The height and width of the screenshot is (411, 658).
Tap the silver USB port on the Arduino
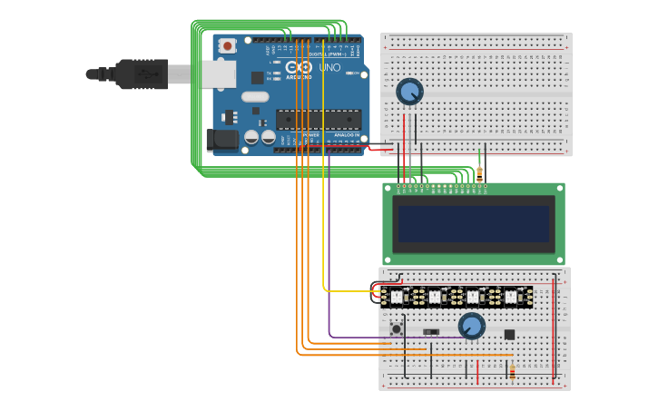(218, 74)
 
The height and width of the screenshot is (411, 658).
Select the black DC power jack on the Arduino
(221, 139)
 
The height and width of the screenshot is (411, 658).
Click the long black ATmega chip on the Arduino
(318, 119)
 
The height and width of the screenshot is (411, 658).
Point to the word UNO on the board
(329, 68)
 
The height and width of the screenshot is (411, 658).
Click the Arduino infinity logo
(299, 67)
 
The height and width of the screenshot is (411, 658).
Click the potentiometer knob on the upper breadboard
(410, 91)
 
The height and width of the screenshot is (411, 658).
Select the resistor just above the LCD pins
(479, 172)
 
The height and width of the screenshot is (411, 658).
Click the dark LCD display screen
(473, 223)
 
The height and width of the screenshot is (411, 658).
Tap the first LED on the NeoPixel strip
(397, 296)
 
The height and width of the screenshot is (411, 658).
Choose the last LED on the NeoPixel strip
(511, 296)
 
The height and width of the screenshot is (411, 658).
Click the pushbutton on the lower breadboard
(396, 328)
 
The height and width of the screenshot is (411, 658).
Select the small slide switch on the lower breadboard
(431, 332)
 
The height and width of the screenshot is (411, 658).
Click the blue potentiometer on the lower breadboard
(471, 325)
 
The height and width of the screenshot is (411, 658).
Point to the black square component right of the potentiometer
(509, 335)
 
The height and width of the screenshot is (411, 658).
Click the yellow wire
(324, 181)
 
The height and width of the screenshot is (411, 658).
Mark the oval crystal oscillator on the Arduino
(255, 96)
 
